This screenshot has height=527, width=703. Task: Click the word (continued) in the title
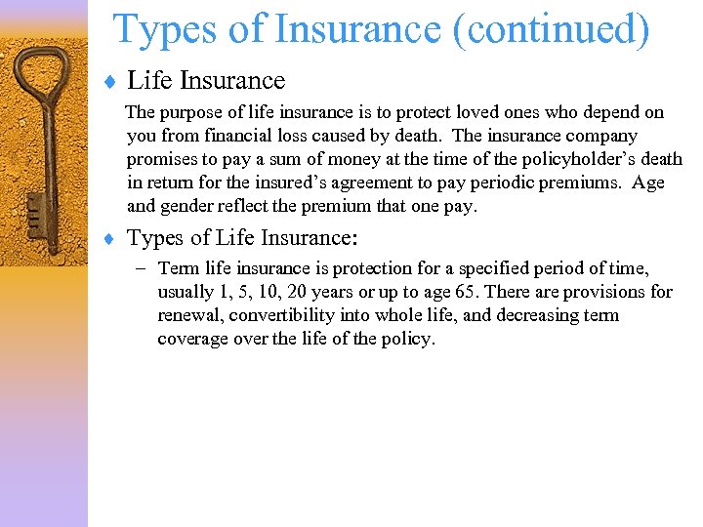click(552, 29)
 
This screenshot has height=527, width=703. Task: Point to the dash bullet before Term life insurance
click(144, 268)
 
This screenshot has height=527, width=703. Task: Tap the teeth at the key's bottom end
click(31, 209)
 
